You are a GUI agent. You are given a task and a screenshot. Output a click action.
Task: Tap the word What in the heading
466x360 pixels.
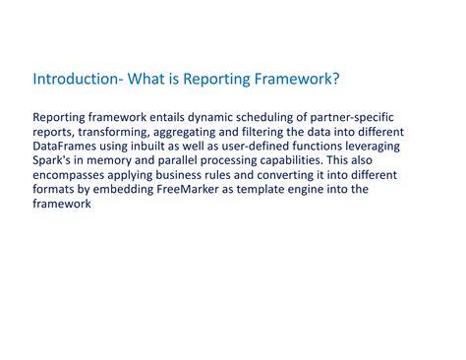click(146, 79)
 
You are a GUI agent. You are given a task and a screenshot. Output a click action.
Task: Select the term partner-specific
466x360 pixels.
click(352, 117)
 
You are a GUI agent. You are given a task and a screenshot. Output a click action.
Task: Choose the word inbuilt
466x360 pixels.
click(162, 147)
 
